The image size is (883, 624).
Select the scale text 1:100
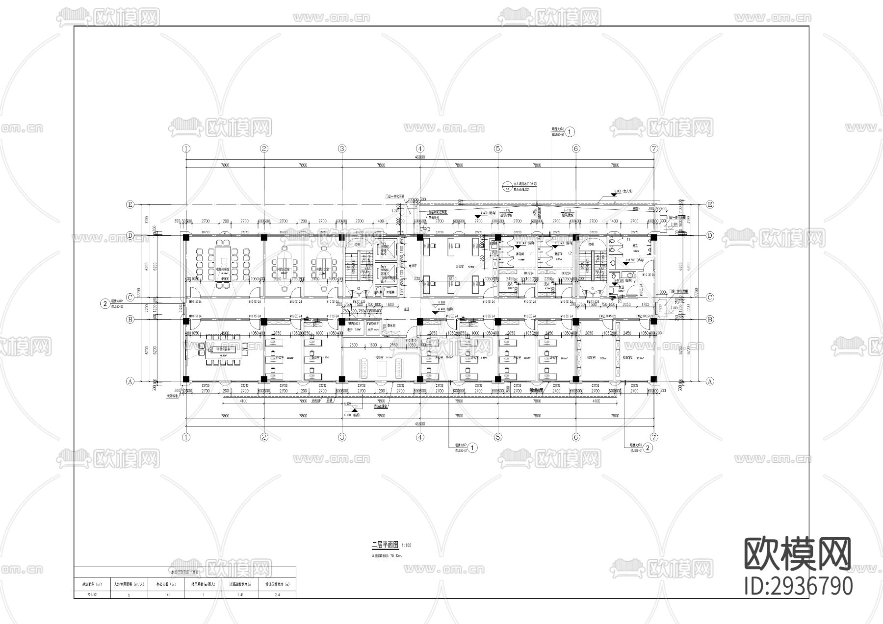[x=407, y=545]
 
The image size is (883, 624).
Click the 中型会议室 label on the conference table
[x=223, y=349]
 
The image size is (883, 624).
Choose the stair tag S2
[x=359, y=289]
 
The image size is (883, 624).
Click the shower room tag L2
[x=570, y=253]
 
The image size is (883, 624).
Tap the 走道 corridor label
[x=406, y=309]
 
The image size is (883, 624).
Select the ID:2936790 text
[x=798, y=586]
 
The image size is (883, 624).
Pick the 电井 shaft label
[x=350, y=330]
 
